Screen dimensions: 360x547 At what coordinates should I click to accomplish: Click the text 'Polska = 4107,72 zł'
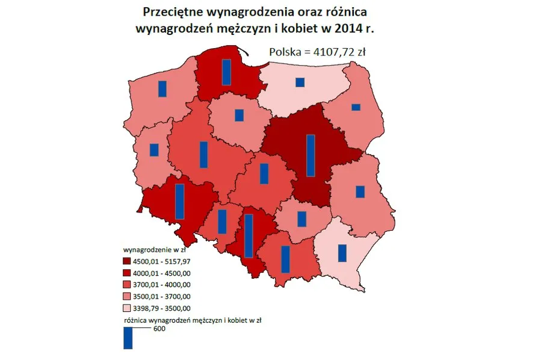317,52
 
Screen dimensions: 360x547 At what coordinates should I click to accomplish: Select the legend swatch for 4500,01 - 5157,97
128,262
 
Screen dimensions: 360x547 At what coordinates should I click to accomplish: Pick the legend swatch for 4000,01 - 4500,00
128,273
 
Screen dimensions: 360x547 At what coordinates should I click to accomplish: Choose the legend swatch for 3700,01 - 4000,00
128,285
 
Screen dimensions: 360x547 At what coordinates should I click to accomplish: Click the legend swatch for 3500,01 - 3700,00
128,296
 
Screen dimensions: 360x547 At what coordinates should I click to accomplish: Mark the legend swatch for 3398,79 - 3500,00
128,308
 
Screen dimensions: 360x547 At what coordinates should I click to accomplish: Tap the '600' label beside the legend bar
159,329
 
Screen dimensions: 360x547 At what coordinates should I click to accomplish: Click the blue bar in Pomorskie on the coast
226,72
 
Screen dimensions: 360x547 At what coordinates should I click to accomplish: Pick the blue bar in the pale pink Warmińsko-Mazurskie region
300,82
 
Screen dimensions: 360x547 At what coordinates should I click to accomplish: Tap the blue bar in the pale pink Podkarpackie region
342,253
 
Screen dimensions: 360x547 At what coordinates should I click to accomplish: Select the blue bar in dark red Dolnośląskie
179,201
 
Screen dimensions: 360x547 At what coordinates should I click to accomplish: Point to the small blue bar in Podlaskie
356,107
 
